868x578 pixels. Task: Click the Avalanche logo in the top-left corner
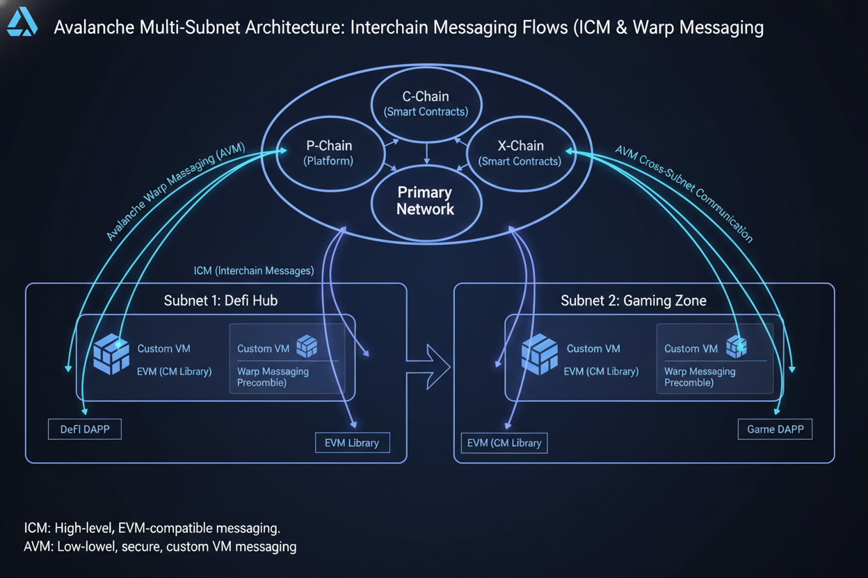pos(22,22)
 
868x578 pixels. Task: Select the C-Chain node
pos(426,103)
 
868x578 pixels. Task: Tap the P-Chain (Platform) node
pos(329,153)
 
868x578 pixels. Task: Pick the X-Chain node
pos(520,153)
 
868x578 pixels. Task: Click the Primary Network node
pos(425,201)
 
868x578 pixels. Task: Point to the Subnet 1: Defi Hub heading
pos(220,301)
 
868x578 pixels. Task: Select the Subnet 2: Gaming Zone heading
pos(634,301)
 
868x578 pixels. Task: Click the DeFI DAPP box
pos(84,429)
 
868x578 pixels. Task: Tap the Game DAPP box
pos(774,429)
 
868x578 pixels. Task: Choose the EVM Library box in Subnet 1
pos(352,443)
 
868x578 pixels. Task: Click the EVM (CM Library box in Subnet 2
pos(504,443)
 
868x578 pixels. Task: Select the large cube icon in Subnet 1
pos(111,354)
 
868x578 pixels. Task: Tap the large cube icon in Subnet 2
pos(540,354)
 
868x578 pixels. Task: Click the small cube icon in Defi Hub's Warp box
pos(307,346)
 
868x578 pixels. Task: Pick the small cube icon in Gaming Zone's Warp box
pos(736,346)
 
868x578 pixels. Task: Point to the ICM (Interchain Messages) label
pos(253,270)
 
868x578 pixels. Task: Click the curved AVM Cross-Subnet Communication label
pos(684,192)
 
